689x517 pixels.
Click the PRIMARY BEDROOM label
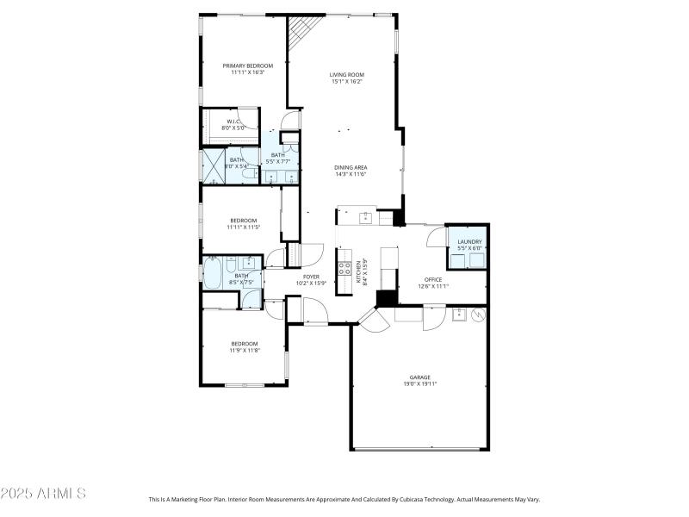[247, 65]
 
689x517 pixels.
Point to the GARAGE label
[419, 377]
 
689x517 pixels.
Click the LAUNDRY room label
[469, 241]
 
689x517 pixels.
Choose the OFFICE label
[432, 280]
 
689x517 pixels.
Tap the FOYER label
[310, 277]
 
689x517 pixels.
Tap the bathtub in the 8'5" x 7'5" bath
[212, 274]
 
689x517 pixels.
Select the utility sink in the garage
[459, 314]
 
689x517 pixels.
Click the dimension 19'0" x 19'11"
[419, 383]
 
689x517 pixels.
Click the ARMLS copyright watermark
[43, 494]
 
